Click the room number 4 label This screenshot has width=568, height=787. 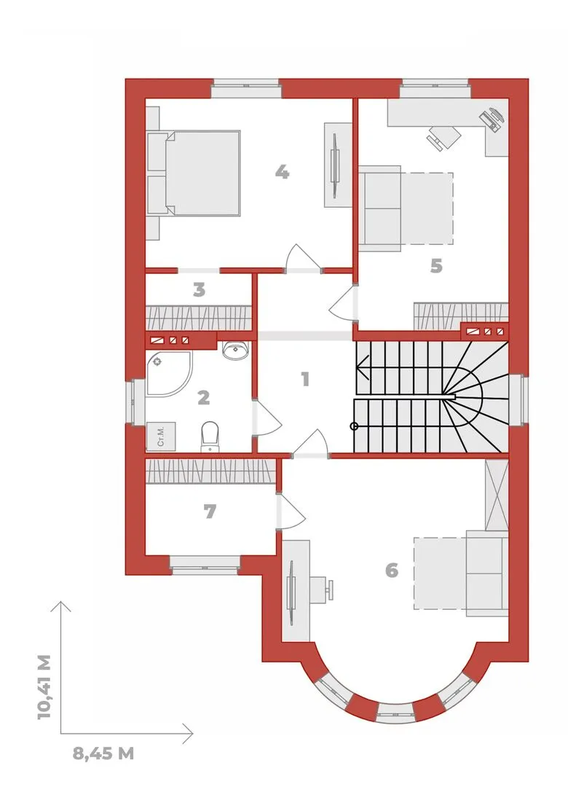coord(282,173)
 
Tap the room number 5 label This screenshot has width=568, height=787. coord(436,265)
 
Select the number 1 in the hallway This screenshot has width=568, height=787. coord(304,379)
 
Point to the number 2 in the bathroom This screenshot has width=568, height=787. coord(203,398)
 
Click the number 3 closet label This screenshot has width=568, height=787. coord(200,289)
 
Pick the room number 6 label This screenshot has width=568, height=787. coord(392,570)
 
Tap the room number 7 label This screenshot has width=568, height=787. coord(210,512)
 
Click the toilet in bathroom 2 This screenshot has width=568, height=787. coord(210,436)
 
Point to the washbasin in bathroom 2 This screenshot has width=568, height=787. coord(235,350)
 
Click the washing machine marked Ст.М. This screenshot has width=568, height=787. coord(160,436)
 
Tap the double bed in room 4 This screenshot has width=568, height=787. coord(194,173)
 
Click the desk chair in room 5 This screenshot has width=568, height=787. coord(443,137)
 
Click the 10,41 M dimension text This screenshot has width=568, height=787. coord(44,686)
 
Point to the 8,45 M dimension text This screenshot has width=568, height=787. coord(103,753)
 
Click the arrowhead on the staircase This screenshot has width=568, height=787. coord(362,367)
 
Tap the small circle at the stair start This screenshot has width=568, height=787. coord(354,426)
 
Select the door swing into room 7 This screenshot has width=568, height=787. coord(291,511)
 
